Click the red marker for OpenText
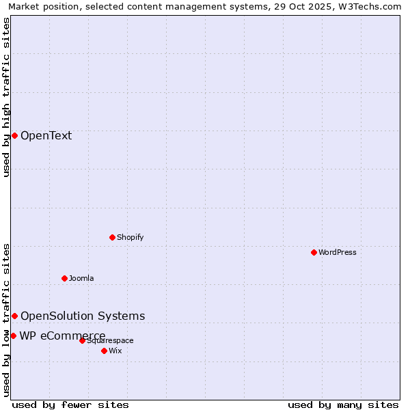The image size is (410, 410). coord(14,135)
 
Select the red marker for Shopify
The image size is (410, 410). coord(112,237)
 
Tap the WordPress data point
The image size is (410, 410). coord(314,252)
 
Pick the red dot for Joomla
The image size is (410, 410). coord(64,278)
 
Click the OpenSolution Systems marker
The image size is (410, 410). coord(14,316)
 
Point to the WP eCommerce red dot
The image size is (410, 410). coord(13,336)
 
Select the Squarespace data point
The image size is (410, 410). coord(82,340)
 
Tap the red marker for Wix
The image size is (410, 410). coord(104,351)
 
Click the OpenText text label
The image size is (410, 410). coord(46,135)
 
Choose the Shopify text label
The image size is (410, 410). coord(130,237)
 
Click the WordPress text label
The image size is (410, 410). coord(337,252)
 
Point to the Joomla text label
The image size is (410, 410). coord(81,278)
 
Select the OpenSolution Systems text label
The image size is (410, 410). coord(83,316)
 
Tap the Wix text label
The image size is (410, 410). coord(115,351)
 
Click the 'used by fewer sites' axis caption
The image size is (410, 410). coord(70,405)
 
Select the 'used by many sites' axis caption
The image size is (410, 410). coord(343,405)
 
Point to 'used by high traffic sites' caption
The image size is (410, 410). coord(7,97)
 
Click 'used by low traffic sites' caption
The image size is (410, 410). coord(7,319)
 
